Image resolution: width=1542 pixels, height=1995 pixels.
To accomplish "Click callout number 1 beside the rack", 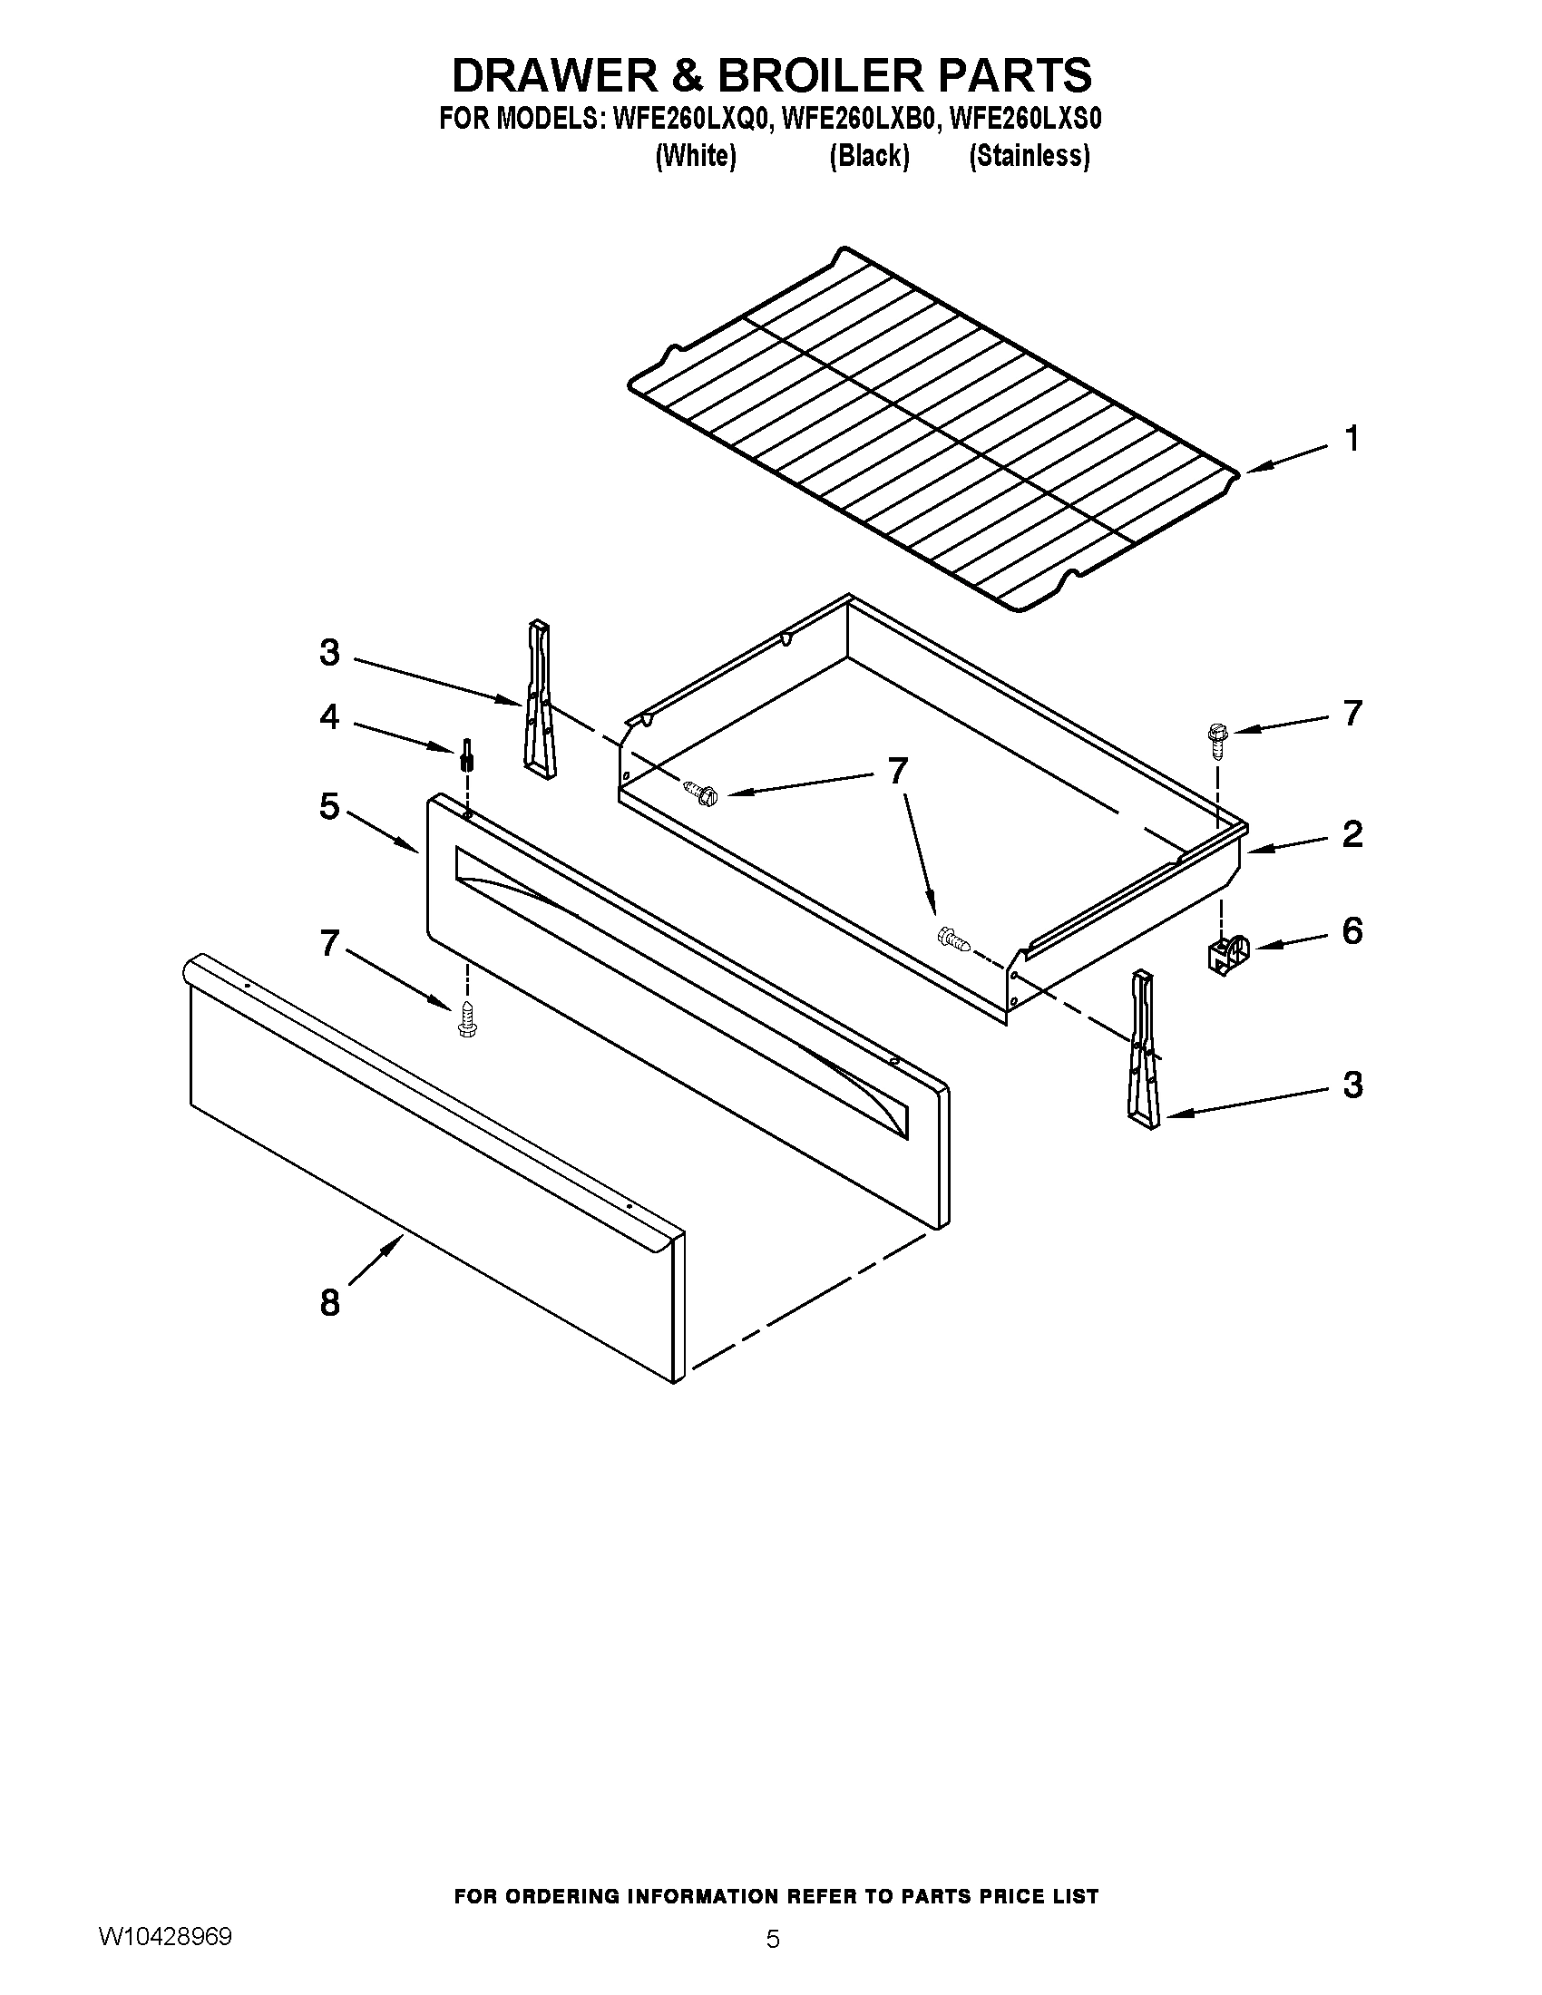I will point(1352,440).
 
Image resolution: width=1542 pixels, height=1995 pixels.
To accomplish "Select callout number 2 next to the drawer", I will point(1352,834).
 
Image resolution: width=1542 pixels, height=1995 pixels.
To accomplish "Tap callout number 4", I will point(329,717).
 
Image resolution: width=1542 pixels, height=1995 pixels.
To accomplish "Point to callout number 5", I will point(329,807).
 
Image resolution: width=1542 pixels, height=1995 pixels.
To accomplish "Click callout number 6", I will point(1352,930).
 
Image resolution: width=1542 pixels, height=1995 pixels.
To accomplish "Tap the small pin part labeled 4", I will point(468,754).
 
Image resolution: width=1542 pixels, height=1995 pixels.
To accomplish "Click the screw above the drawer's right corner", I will point(1217,738).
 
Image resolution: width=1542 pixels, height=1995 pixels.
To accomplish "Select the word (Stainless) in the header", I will point(1029,156).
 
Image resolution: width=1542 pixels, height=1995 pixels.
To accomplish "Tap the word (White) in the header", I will point(696,156).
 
